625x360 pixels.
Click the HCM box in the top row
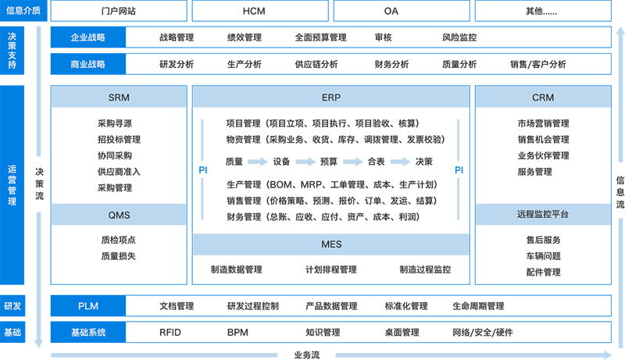[260, 11]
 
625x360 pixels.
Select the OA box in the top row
[402, 11]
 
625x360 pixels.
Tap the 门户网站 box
[119, 11]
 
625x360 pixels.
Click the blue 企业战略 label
[88, 37]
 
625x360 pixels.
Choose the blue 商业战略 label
[88, 64]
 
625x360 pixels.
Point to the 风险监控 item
[459, 37]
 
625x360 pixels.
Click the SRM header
[119, 97]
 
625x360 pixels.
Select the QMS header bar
[119, 215]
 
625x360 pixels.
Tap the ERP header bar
[330, 97]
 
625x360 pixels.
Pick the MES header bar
[330, 244]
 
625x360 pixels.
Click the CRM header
[543, 97]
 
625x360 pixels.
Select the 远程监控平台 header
[543, 214]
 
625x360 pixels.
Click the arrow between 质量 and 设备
[258, 162]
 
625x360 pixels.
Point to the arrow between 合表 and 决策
[400, 162]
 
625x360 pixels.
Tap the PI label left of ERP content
[203, 170]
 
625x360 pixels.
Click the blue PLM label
[88, 306]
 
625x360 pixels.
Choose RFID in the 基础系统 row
[170, 332]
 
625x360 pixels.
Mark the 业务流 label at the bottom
[306, 355]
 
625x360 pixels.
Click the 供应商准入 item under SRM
[119, 172]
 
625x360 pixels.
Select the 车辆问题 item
[543, 256]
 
